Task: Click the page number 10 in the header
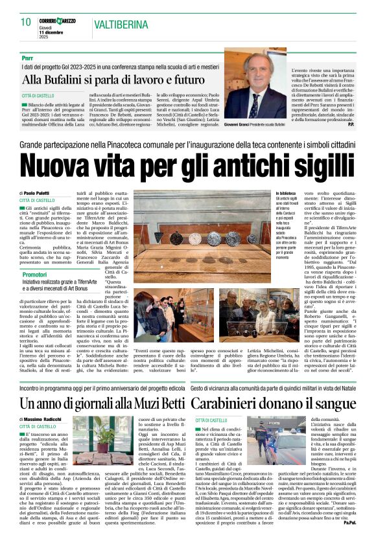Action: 26,21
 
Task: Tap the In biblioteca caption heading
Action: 287,193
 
